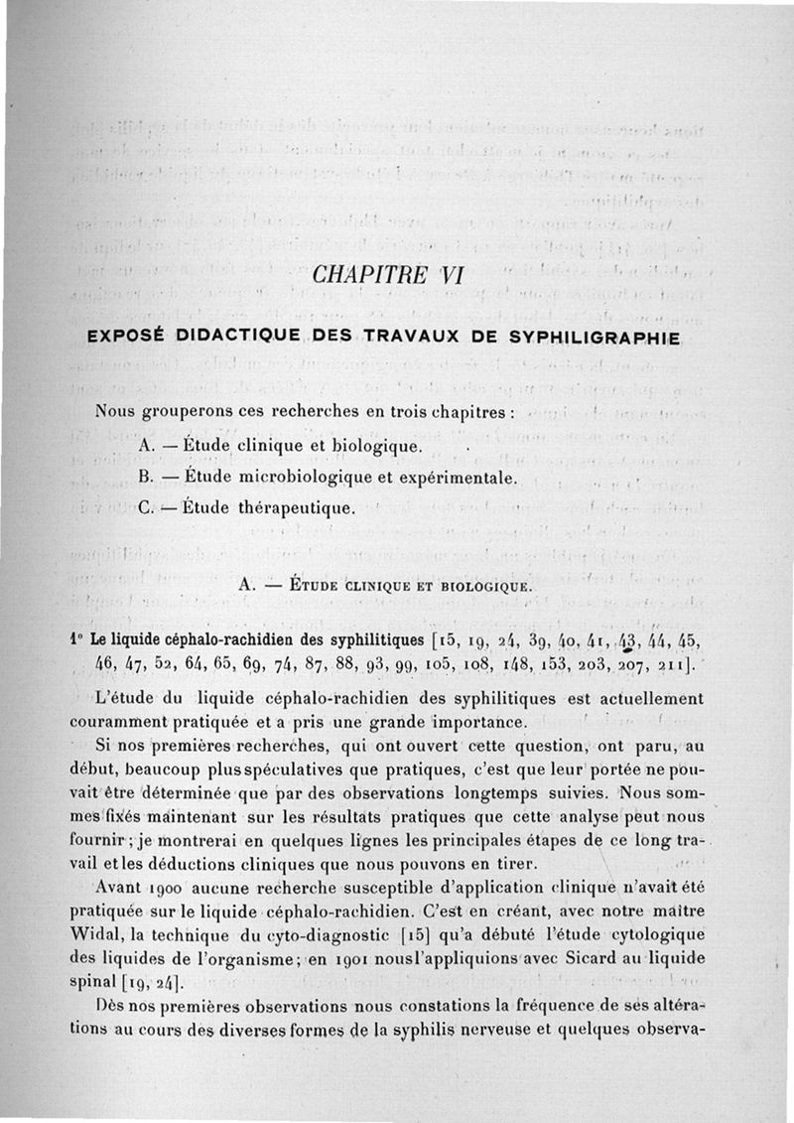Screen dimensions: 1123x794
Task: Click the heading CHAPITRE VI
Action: pos(387,274)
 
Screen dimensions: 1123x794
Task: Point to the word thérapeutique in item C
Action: pos(296,509)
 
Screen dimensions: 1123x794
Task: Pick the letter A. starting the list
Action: pos(149,445)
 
